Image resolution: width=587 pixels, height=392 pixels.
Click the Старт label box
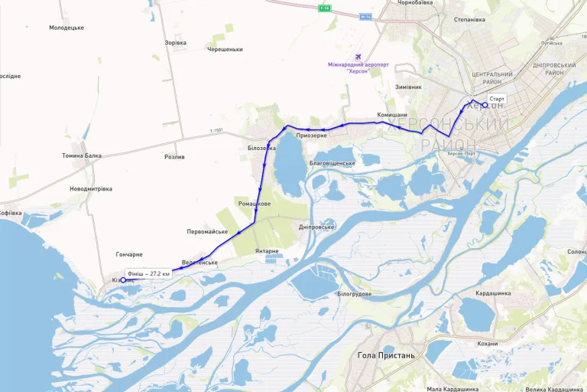click(498, 99)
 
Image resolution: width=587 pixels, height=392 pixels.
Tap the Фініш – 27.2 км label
click(148, 273)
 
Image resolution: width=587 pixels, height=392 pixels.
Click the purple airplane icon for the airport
click(359, 57)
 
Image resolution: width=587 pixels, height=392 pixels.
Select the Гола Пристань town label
click(386, 355)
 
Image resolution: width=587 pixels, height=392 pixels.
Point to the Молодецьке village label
click(66, 28)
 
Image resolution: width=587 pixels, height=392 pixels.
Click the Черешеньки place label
click(225, 49)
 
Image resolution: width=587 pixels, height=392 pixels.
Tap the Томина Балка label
click(82, 155)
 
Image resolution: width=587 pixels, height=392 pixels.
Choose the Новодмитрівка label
click(91, 188)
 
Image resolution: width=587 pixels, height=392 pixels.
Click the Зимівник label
click(409, 87)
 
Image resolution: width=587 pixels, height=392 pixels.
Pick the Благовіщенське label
click(332, 163)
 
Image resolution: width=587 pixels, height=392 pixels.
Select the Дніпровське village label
click(316, 227)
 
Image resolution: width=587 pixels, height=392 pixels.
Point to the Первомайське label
click(207, 231)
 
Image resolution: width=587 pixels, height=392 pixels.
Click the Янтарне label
click(267, 251)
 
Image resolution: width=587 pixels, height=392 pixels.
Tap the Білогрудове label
click(354, 293)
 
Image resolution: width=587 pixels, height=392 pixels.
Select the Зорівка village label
click(175, 43)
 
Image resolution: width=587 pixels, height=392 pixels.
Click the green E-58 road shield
click(325, 8)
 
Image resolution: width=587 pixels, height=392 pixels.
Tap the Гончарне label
click(129, 254)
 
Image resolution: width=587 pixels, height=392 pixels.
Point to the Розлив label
click(174, 156)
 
